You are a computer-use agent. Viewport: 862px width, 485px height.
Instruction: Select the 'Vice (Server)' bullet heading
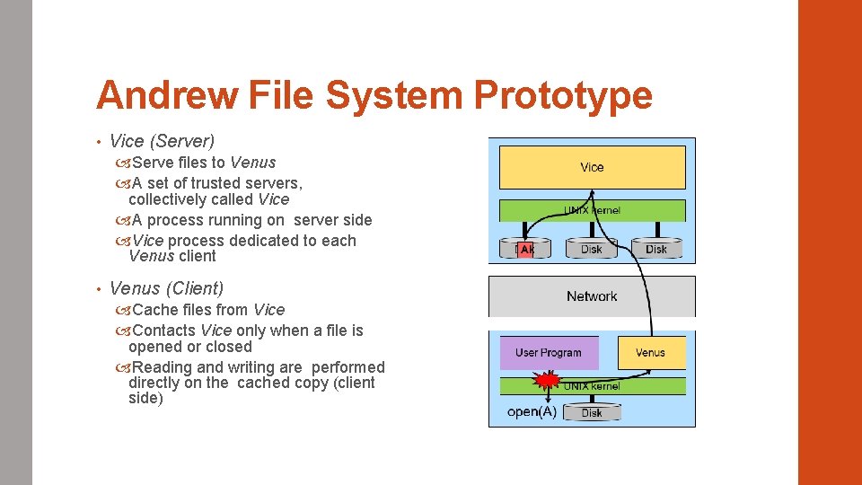(x=162, y=141)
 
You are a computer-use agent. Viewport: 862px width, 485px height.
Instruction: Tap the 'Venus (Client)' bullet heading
(x=166, y=288)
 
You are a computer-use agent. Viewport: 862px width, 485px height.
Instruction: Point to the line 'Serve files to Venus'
(x=204, y=163)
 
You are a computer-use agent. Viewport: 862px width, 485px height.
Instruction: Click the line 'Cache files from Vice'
(x=208, y=310)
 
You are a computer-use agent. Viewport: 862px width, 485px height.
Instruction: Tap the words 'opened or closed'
(x=189, y=347)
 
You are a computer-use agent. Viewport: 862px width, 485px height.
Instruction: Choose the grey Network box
(x=592, y=296)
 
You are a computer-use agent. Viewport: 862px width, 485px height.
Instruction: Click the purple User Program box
(x=548, y=353)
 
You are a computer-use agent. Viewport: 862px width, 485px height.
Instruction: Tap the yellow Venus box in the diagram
(x=651, y=352)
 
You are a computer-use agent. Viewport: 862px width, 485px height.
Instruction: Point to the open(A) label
(x=532, y=412)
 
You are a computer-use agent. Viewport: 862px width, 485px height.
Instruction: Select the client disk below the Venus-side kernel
(x=592, y=412)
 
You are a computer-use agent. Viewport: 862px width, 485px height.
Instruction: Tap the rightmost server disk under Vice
(x=656, y=248)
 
